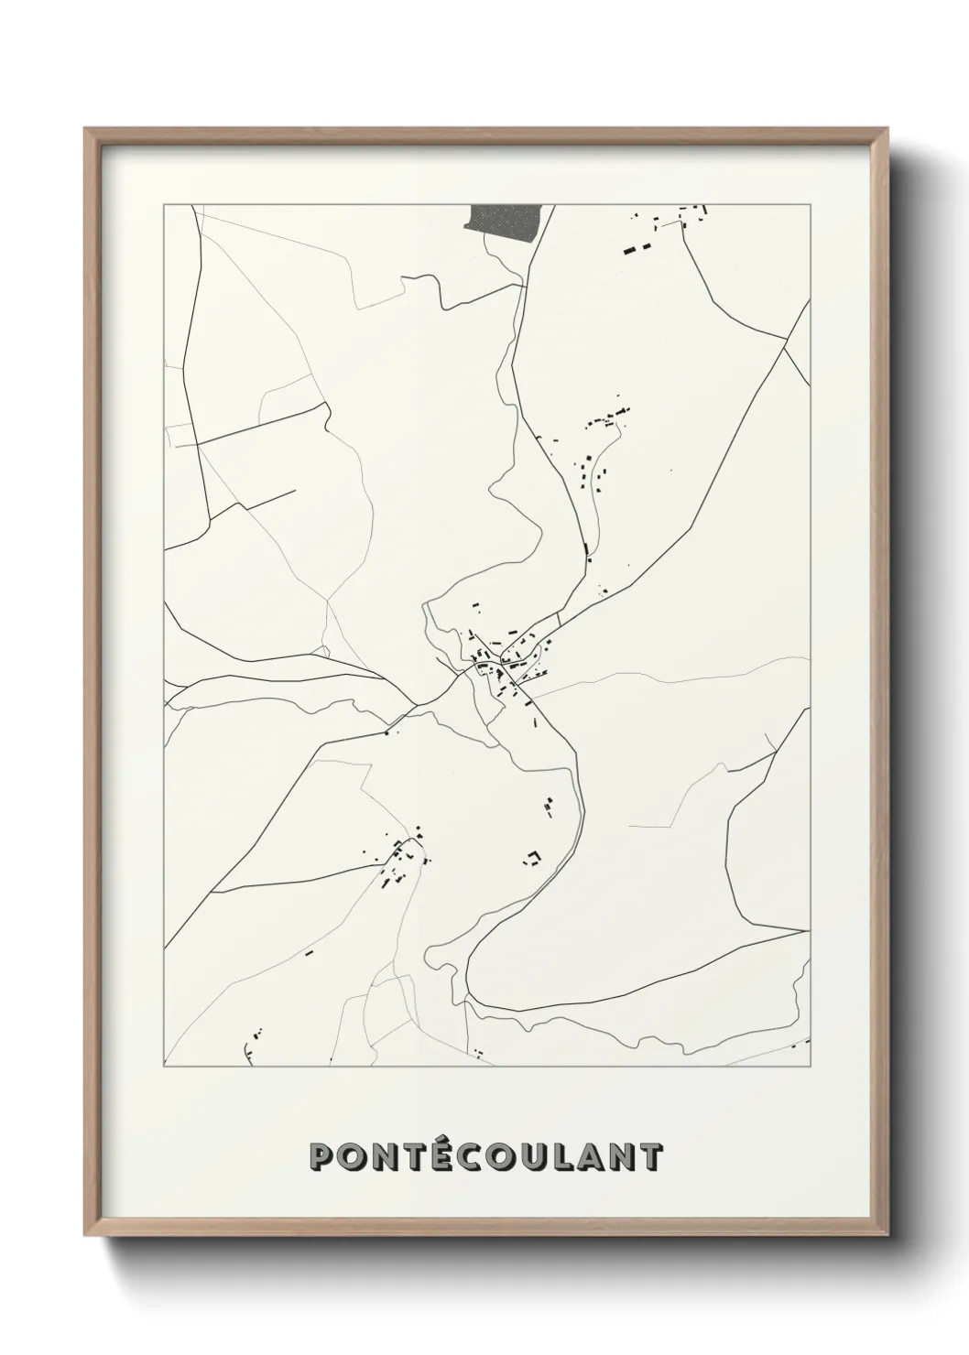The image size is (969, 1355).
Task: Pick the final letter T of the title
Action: tap(649, 1157)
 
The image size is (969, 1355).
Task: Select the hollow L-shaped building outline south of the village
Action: tap(533, 857)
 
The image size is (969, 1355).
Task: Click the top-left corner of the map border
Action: tap(164, 205)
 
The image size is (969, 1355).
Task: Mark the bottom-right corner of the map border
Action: tap(811, 1067)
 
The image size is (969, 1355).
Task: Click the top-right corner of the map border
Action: tap(811, 205)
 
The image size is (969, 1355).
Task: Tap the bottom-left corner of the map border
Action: tap(164, 1067)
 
